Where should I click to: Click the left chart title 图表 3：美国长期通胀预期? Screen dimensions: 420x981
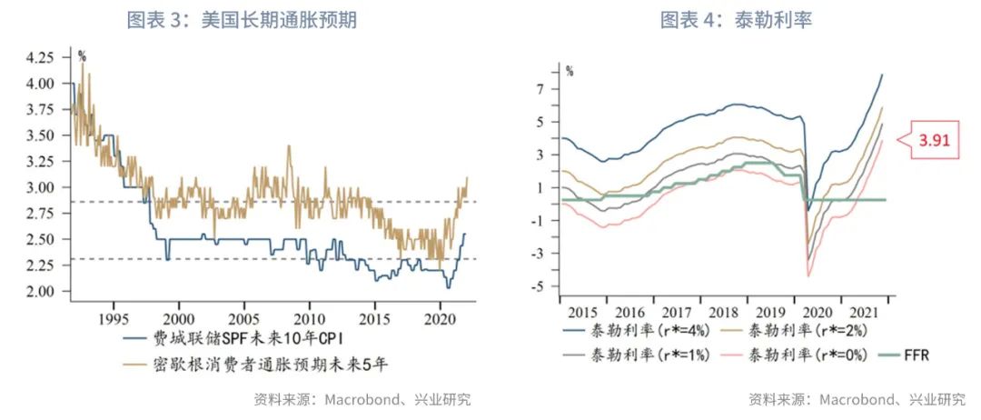tap(241, 19)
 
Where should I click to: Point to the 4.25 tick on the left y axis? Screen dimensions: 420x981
tap(41, 57)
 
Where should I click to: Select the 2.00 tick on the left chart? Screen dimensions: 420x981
tap(41, 291)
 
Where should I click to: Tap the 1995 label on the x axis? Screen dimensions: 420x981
tap(112, 320)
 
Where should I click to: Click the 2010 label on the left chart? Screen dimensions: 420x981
tap(309, 320)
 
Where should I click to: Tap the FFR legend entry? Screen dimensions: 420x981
tap(917, 355)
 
